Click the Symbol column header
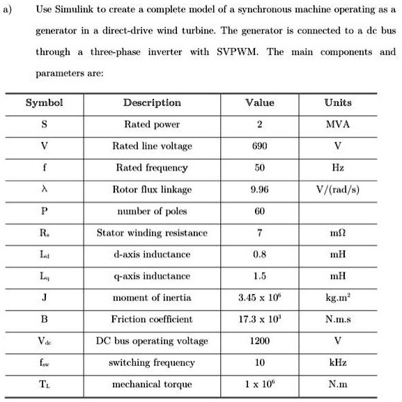(x=44, y=102)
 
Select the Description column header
(x=152, y=102)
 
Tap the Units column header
(x=338, y=102)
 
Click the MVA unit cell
(x=338, y=125)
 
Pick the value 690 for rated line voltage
(x=259, y=146)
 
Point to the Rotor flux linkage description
(x=152, y=190)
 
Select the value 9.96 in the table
(x=259, y=190)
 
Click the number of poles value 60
(x=259, y=211)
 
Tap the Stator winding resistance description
(x=152, y=233)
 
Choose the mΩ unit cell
(x=338, y=233)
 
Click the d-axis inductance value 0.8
(x=259, y=254)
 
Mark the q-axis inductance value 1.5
(x=259, y=276)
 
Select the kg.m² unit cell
(x=338, y=298)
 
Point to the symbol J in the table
(x=44, y=298)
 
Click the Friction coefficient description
(x=152, y=320)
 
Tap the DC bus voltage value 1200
(x=259, y=341)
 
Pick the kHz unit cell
(x=338, y=363)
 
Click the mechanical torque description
(x=152, y=385)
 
